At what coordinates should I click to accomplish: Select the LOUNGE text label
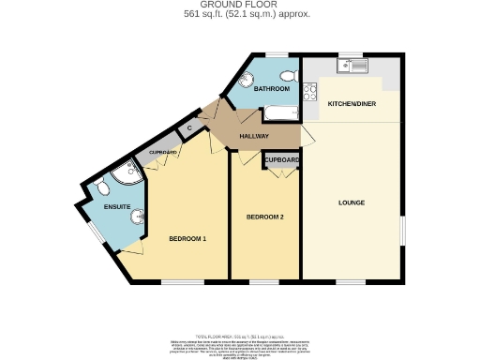(x=352, y=202)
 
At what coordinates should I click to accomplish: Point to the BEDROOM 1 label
(x=187, y=238)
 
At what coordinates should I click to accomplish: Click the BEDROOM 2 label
(x=264, y=217)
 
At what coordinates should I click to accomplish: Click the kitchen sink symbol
(x=353, y=67)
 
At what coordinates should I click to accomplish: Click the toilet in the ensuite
(x=100, y=188)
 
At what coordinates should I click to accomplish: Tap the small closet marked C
(x=189, y=128)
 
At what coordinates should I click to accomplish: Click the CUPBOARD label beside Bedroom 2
(x=281, y=161)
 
